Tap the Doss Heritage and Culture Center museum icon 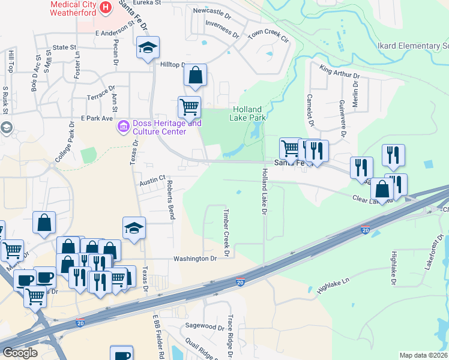tap(124, 126)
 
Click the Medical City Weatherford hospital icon tap(106, 7)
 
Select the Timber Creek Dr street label tap(227, 233)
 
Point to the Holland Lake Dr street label tap(263, 191)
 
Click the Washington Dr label tap(194, 259)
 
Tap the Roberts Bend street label tap(170, 200)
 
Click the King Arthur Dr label tap(339, 72)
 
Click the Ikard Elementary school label tap(413, 46)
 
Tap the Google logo tap(19, 353)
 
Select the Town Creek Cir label tap(268, 35)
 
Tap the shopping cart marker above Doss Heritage tap(190, 107)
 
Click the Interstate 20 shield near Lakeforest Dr tap(365, 230)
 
